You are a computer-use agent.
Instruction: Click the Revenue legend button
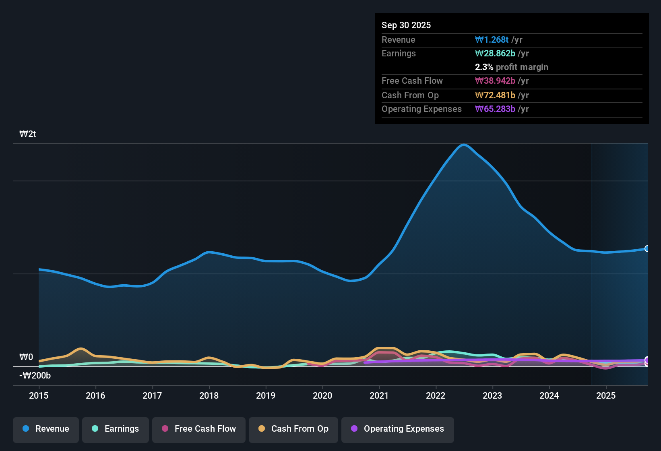46,429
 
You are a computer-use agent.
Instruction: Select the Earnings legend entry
116,429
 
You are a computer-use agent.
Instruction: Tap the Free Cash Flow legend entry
199,429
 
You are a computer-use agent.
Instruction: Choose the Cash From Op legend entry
293,429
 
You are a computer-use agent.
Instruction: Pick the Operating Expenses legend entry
398,429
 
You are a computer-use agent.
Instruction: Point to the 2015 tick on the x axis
39,395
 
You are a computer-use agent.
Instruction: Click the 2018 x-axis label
209,395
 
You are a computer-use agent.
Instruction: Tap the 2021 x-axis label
379,395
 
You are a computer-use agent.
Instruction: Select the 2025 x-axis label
605,395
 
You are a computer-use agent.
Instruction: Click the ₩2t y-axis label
27,134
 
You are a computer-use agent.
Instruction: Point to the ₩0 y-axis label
26,357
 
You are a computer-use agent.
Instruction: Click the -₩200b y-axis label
35,376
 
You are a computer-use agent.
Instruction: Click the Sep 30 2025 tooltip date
406,25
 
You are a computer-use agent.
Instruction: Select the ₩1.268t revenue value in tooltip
492,39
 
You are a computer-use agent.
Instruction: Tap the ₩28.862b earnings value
495,54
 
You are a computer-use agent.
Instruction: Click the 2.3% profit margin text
511,67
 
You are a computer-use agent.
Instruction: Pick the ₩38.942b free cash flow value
495,81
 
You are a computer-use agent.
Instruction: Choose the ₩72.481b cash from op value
495,95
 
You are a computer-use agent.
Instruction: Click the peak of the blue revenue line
464,145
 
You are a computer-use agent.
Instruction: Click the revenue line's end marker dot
647,248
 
